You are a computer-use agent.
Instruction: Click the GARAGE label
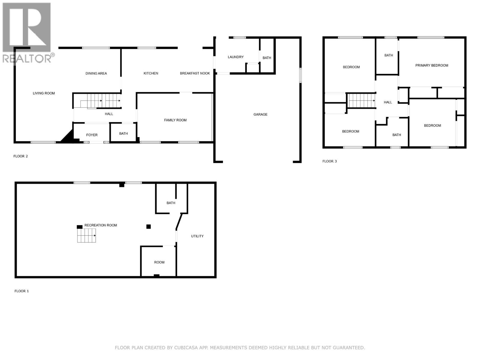(x=260, y=114)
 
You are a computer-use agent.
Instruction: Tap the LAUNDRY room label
(x=235, y=57)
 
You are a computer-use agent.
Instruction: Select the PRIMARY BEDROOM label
(x=431, y=65)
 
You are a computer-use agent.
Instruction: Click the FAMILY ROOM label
(x=175, y=120)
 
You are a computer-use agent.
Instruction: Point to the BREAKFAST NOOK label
(x=195, y=73)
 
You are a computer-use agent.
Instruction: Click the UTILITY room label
(x=197, y=236)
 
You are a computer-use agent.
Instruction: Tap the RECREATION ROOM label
(x=100, y=225)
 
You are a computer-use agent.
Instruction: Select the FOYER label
(x=92, y=135)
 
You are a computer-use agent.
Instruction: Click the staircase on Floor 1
(x=86, y=235)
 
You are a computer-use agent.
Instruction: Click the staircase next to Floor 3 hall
(x=361, y=100)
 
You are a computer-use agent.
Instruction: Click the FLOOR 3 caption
(x=329, y=161)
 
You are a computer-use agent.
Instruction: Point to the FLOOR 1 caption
(x=22, y=291)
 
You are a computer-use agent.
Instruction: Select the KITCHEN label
(x=151, y=73)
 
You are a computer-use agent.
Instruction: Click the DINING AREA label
(x=96, y=73)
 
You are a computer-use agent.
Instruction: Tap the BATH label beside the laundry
(x=267, y=58)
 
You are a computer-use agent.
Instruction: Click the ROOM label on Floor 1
(x=159, y=262)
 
